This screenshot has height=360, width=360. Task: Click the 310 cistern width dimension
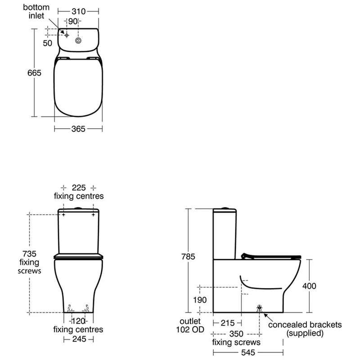point(78,12)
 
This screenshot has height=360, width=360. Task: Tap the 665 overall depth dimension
point(34,73)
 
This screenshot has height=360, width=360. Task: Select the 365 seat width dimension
point(78,129)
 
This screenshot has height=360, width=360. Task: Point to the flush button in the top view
point(78,40)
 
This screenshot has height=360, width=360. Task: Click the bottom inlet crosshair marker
point(67,36)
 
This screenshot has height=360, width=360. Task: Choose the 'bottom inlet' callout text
point(36,12)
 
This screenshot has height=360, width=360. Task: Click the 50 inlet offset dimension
point(48,43)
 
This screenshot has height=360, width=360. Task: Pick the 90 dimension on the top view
point(73,21)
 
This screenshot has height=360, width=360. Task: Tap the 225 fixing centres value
point(79,188)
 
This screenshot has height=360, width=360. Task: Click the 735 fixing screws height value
point(29,254)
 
